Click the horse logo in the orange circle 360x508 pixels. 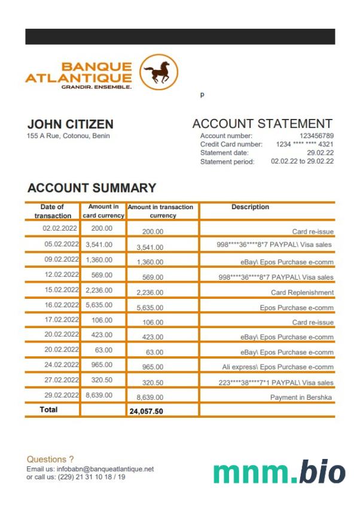point(158,73)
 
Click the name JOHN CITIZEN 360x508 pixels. point(71,124)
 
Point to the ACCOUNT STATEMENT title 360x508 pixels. point(262,124)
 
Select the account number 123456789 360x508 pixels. point(316,136)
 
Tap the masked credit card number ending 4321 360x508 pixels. point(304,145)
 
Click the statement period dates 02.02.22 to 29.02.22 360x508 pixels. point(302,161)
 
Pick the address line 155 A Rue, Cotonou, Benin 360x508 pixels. point(69,136)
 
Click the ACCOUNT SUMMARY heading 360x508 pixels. point(91,188)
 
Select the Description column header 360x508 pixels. point(250,207)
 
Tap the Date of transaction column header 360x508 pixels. point(53,211)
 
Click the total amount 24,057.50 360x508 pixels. point(146,411)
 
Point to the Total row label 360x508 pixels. point(48,410)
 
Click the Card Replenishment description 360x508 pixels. point(302,293)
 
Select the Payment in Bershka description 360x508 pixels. point(301,397)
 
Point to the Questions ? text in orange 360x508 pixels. point(50,459)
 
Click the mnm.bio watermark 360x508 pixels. point(279,472)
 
